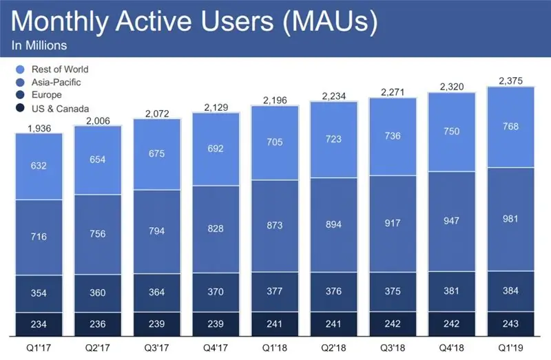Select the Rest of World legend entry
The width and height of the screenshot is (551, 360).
click(x=59, y=70)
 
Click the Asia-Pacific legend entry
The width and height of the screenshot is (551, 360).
click(x=55, y=83)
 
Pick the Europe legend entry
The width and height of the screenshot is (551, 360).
click(x=45, y=96)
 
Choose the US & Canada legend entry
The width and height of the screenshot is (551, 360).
click(x=59, y=109)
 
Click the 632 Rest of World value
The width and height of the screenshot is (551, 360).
click(x=39, y=165)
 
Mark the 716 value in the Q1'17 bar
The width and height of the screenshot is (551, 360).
click(x=39, y=237)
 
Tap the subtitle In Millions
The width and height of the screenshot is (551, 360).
click(x=39, y=46)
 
